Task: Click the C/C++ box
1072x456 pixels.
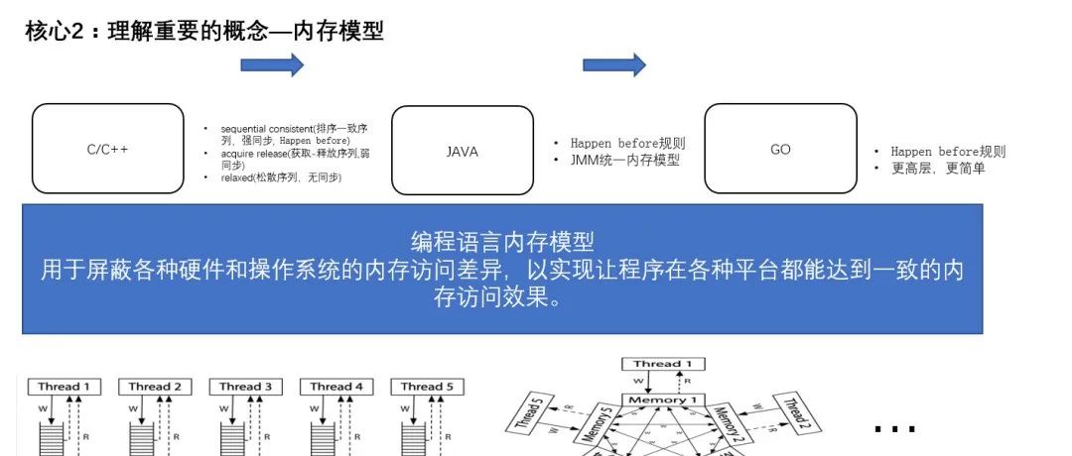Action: [108, 150]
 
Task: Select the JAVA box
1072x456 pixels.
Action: [463, 152]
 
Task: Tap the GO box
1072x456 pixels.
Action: [780, 149]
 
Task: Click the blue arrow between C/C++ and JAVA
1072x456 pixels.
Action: [272, 65]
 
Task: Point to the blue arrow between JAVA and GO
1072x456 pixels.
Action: [613, 65]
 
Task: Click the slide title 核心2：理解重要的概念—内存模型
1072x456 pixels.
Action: [204, 31]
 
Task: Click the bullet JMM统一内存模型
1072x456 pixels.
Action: [624, 160]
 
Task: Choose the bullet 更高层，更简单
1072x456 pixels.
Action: [937, 169]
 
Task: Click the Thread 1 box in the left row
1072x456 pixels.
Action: [65, 387]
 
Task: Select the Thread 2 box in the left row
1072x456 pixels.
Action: [155, 387]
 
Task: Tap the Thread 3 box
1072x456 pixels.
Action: [245, 387]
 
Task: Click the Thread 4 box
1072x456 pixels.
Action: [336, 387]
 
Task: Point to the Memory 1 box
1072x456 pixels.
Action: [661, 399]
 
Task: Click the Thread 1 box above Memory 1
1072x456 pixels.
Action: [662, 364]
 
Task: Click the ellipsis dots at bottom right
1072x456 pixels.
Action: [894, 428]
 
